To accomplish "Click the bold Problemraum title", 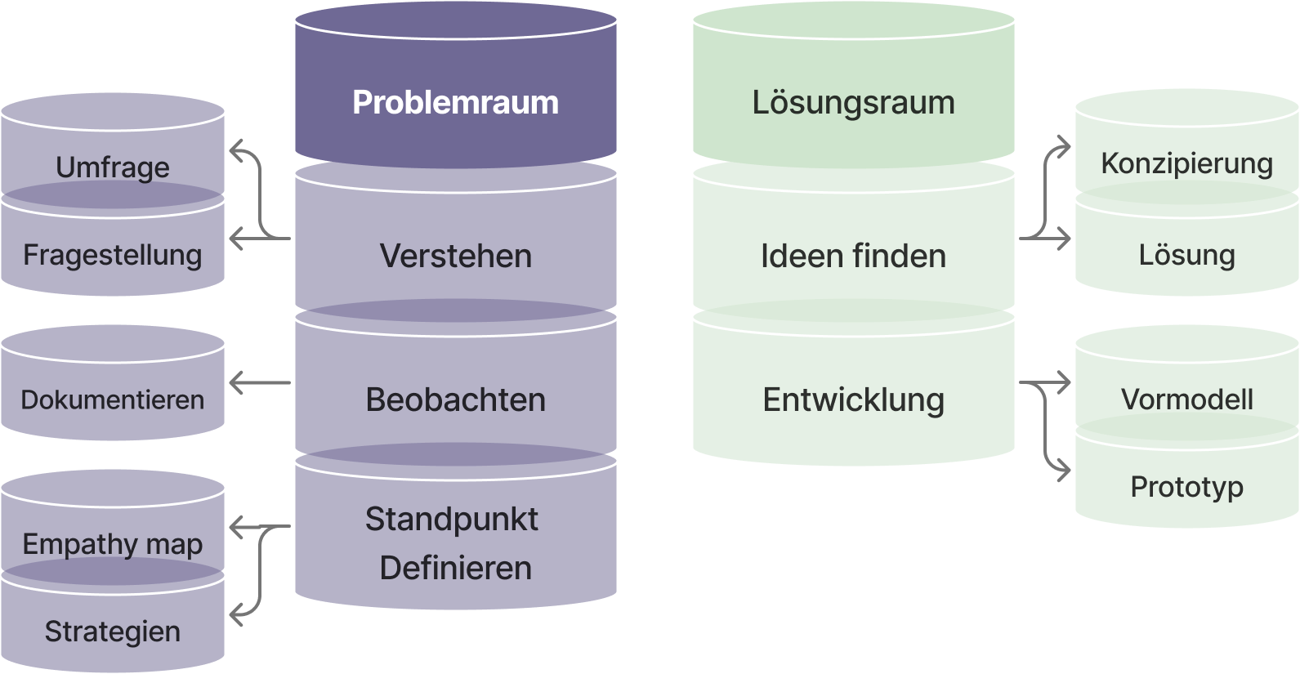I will point(455,103).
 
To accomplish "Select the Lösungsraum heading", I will point(853,103).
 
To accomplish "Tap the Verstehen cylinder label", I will point(455,257).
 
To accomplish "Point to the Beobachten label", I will point(455,400).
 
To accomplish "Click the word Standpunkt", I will point(451,520).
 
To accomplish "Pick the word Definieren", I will point(455,569).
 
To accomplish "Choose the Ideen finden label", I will point(853,257).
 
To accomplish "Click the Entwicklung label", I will point(853,400).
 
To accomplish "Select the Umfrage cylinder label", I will point(113,167).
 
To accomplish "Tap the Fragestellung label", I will point(113,255).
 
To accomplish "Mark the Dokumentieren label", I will point(113,400).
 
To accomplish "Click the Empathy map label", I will point(113,544).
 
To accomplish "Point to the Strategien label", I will point(113,632).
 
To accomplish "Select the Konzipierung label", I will point(1186,163).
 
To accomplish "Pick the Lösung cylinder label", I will point(1186,255).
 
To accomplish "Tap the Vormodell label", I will point(1186,399).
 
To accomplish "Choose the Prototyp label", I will point(1186,487).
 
